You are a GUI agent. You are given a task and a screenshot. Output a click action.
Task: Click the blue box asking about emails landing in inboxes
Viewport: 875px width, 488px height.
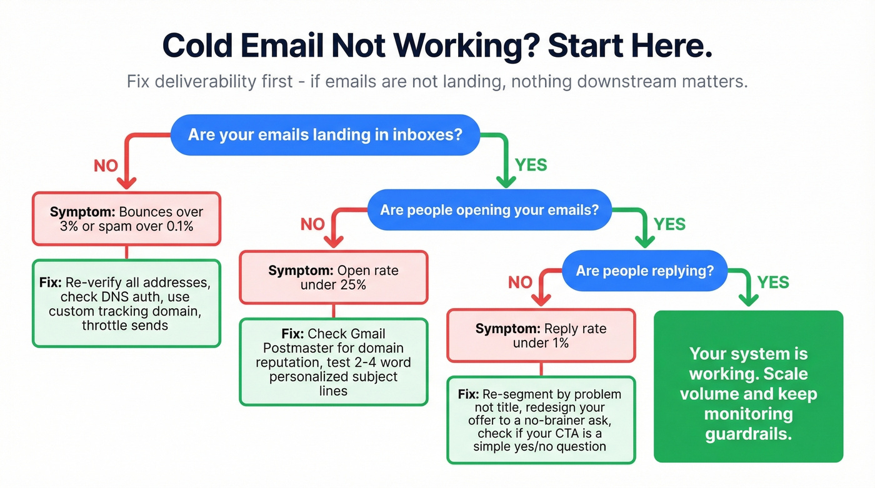[x=325, y=134]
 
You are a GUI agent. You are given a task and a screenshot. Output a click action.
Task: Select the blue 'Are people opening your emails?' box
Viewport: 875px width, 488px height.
[x=489, y=210]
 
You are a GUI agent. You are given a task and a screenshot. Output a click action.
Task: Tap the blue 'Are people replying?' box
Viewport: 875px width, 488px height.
[x=644, y=271]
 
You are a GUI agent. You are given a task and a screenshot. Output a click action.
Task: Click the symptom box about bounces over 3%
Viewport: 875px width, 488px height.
[x=126, y=219]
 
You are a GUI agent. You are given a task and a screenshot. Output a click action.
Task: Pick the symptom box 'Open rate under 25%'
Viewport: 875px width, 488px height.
[x=333, y=277]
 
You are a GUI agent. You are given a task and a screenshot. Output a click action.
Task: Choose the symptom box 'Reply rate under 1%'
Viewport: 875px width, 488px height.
[x=541, y=336]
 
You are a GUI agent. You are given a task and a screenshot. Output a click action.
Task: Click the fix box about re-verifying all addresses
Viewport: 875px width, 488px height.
[x=126, y=303]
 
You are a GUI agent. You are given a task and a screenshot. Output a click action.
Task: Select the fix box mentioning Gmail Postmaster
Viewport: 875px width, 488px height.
[x=333, y=362]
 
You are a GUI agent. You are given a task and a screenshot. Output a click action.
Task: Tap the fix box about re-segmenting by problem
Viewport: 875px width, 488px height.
[x=541, y=420]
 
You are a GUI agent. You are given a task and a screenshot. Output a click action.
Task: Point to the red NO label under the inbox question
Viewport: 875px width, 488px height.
[x=106, y=166]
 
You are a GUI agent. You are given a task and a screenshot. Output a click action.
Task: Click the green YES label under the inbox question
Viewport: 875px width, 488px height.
[x=531, y=165]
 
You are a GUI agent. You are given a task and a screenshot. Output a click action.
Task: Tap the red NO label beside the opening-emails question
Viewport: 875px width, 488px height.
[x=312, y=224]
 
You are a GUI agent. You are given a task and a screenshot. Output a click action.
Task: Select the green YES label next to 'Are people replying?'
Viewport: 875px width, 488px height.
[x=773, y=282]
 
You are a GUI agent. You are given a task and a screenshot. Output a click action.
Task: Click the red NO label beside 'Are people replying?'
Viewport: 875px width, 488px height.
[x=520, y=282]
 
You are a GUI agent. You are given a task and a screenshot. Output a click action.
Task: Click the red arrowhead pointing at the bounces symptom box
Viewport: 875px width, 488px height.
[x=126, y=183]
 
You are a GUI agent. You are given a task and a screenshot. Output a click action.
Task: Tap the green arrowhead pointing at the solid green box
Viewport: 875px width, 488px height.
[x=748, y=301]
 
